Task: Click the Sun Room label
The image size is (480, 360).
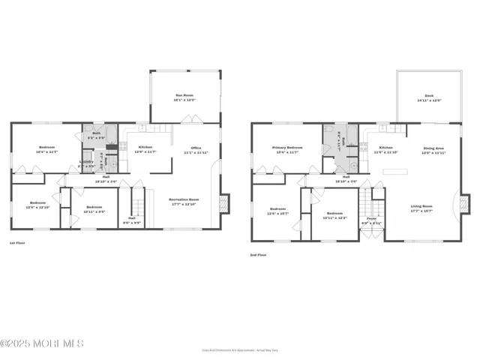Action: point(184,95)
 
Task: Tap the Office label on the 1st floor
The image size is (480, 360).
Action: point(196,148)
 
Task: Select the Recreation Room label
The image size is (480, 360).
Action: point(183,199)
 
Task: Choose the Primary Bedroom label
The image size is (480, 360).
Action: point(288,148)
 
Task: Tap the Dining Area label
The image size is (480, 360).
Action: point(434,148)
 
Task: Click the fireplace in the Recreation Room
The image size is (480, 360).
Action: point(224,203)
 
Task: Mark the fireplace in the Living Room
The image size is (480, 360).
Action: point(467,203)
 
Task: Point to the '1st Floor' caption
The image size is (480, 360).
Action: point(18,243)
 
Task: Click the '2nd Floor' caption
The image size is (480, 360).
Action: point(259,255)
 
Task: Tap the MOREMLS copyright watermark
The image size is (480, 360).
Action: point(42,343)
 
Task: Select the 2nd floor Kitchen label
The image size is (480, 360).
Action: point(385,148)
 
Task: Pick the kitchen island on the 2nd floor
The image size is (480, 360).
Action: point(397,172)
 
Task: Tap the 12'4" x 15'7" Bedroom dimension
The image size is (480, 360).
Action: point(277,214)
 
